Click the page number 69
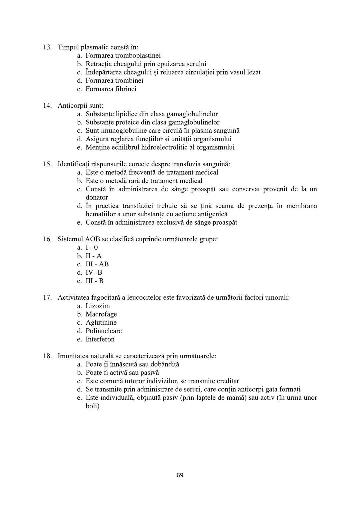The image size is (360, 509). [x=180, y=475]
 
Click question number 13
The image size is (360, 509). [x=47, y=47]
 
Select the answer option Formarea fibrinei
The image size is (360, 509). [x=111, y=89]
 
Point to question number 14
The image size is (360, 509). [x=47, y=106]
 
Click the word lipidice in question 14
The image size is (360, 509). [x=126, y=114]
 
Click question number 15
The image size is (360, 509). [x=47, y=164]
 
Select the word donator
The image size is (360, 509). [x=97, y=197]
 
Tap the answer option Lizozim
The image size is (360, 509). [x=97, y=306]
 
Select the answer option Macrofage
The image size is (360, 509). [x=101, y=314]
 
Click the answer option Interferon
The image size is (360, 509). [x=100, y=339]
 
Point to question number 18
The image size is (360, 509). [x=47, y=356]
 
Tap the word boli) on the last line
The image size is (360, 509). [x=92, y=406]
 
